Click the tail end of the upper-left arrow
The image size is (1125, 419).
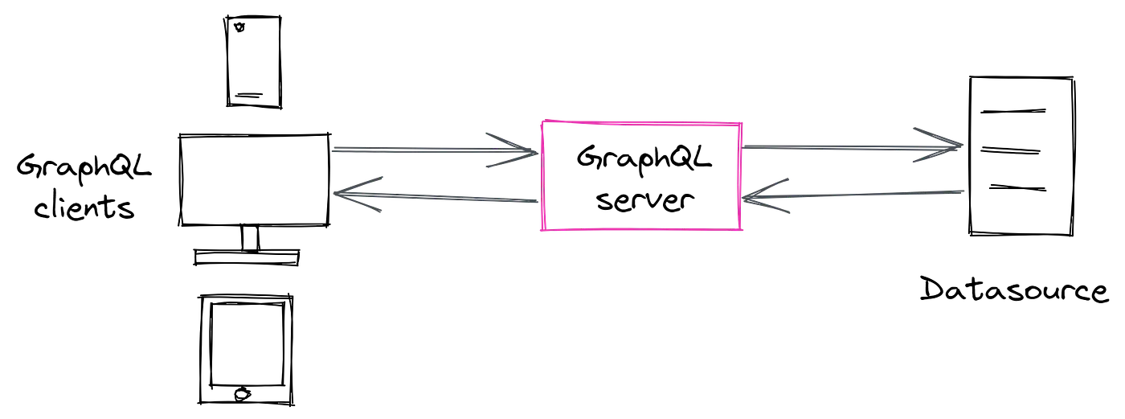[336, 150]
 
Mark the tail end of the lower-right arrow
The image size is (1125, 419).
[961, 195]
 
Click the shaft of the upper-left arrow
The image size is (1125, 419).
[418, 150]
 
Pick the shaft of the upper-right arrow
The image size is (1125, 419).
[828, 147]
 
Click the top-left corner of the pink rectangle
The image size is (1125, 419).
[541, 121]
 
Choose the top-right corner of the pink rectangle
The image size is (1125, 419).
[741, 121]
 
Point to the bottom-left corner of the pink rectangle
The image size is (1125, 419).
[541, 232]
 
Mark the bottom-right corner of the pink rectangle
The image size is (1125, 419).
[740, 232]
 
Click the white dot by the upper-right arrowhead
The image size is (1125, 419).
[910, 158]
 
